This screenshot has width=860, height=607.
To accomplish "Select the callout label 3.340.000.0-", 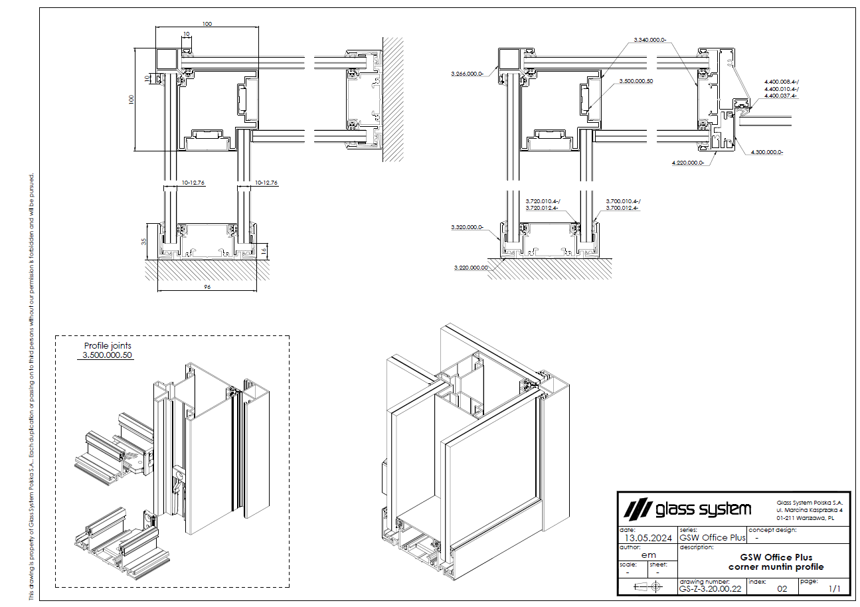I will (x=649, y=40).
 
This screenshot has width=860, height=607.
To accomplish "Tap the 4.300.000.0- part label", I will (x=767, y=152).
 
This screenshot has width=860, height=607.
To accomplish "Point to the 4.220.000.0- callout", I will (x=688, y=161).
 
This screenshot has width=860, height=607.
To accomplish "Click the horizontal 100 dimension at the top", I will (x=207, y=24).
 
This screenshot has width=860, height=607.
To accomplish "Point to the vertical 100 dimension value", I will (x=131, y=99).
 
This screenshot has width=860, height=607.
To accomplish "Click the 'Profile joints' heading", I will (x=108, y=345).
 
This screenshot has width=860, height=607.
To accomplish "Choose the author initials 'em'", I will (x=648, y=555).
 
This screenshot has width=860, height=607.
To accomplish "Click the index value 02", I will (x=782, y=588).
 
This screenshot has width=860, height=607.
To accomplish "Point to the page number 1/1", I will (x=834, y=588).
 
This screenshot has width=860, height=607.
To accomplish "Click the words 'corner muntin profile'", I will (x=776, y=566).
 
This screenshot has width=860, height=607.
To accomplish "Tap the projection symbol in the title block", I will (x=648, y=586).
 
